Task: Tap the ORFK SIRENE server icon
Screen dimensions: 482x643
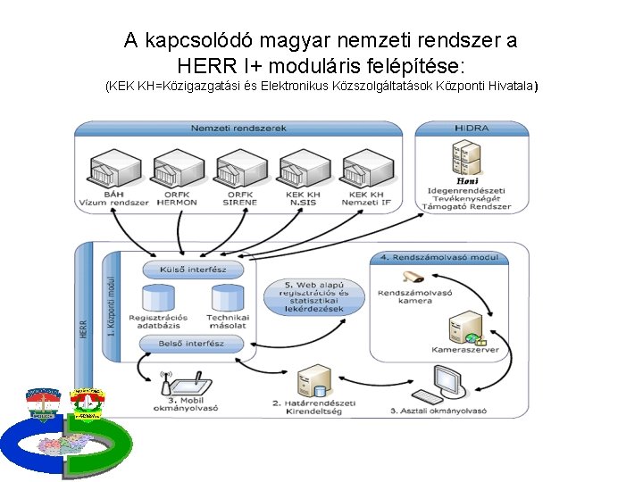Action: pos(238,170)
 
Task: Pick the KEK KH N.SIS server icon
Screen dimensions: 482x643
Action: pos(301,170)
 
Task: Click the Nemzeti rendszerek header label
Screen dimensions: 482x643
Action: pos(238,129)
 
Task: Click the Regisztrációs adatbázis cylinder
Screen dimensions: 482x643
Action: pos(157,299)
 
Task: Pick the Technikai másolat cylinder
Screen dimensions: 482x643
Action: pos(227,299)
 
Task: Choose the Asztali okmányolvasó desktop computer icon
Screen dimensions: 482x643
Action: pos(444,384)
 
